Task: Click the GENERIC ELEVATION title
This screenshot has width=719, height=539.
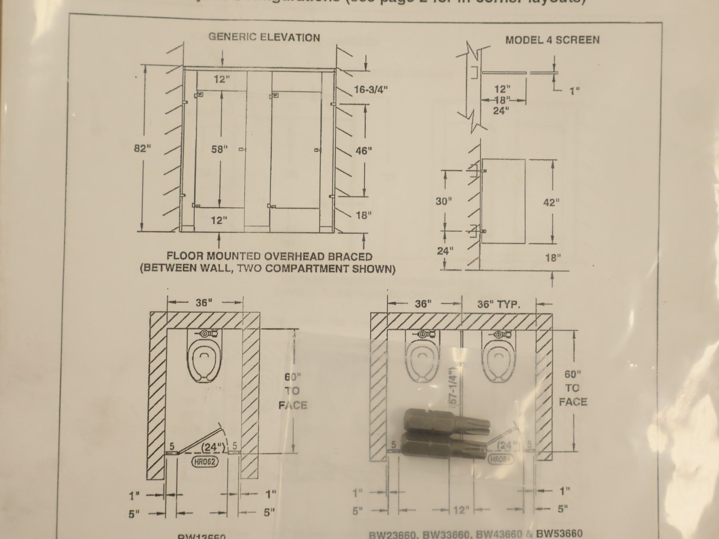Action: (264, 38)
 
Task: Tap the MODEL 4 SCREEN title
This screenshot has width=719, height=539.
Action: (552, 40)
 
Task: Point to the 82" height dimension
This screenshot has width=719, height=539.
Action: (143, 149)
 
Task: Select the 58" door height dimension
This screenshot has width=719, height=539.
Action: (219, 149)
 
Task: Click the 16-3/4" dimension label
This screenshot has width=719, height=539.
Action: (371, 89)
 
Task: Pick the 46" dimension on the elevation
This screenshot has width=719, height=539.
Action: (363, 151)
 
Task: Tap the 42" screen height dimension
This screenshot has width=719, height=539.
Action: (551, 202)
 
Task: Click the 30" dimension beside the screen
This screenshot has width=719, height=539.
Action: (443, 201)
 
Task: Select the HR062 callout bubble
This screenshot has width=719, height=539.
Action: (205, 462)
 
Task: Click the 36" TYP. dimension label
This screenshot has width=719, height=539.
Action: (499, 305)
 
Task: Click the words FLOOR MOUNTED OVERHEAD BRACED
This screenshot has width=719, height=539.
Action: (269, 256)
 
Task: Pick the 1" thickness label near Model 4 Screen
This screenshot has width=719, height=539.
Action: (574, 91)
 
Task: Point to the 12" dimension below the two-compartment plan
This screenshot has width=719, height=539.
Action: (461, 510)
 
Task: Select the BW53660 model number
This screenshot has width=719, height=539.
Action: (559, 533)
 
